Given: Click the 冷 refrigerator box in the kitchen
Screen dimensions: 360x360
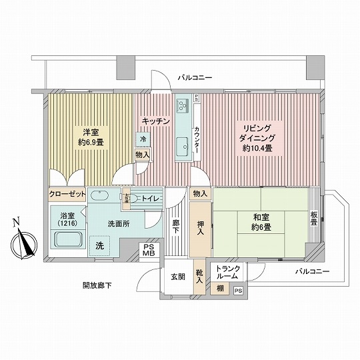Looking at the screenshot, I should point(143,139).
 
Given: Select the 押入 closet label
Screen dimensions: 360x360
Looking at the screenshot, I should point(200,227).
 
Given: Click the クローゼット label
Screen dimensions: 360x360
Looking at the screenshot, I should point(67,194).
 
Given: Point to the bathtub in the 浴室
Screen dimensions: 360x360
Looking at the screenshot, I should point(67,244).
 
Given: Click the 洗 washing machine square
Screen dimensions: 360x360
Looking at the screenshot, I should point(100,245).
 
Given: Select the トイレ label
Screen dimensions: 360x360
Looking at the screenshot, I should point(149,199).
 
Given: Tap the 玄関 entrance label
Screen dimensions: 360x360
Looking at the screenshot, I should point(177,277).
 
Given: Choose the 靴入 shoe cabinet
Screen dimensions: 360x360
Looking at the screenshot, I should point(199,277).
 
